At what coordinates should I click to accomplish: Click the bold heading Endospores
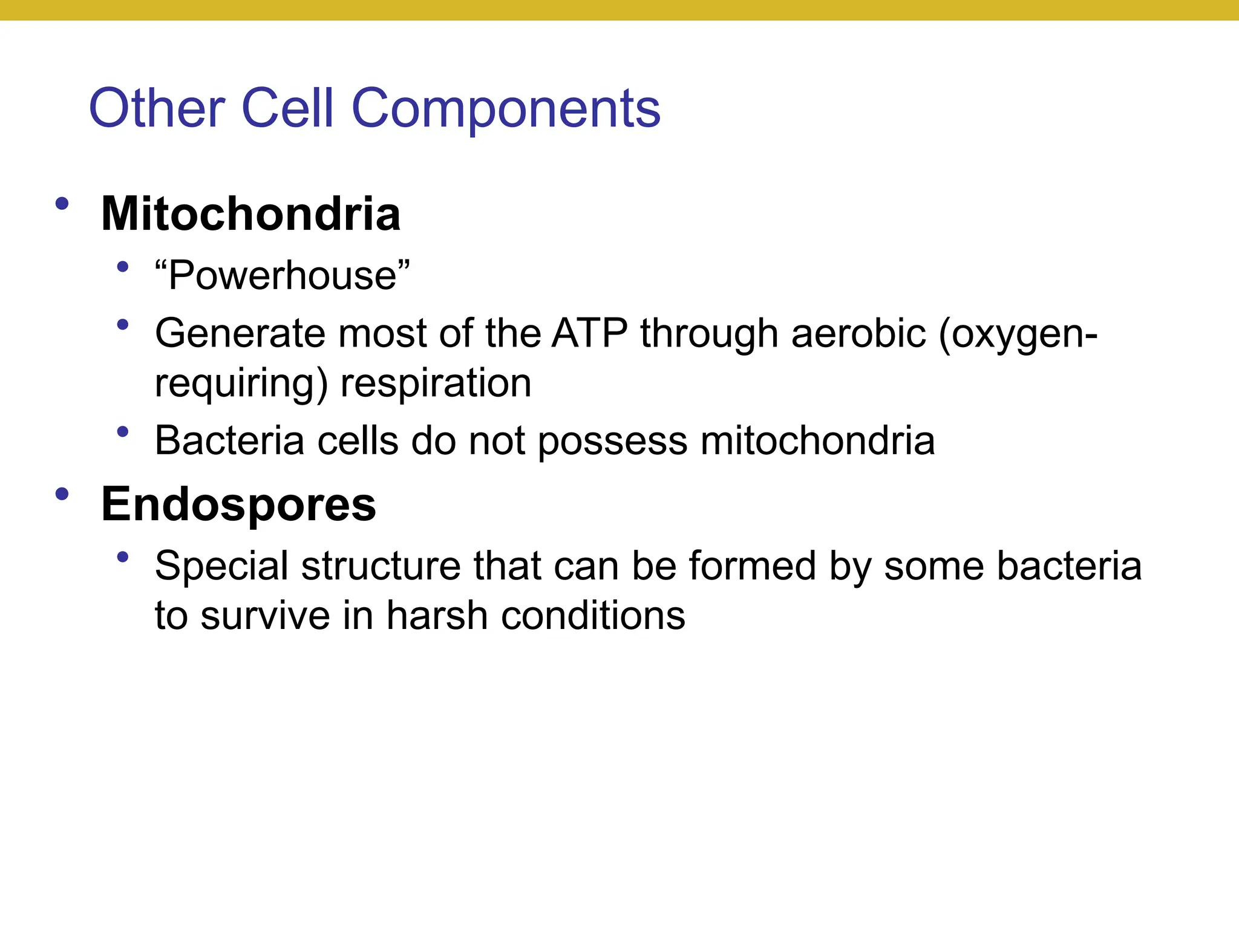coord(238,504)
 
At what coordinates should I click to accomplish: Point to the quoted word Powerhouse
coord(282,275)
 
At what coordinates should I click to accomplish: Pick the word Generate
coord(240,333)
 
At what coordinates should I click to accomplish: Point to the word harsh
coord(437,616)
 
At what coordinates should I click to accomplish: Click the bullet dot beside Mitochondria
coord(62,204)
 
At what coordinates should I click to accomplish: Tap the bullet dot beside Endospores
coord(62,494)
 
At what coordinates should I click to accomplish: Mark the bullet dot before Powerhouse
coord(123,266)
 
